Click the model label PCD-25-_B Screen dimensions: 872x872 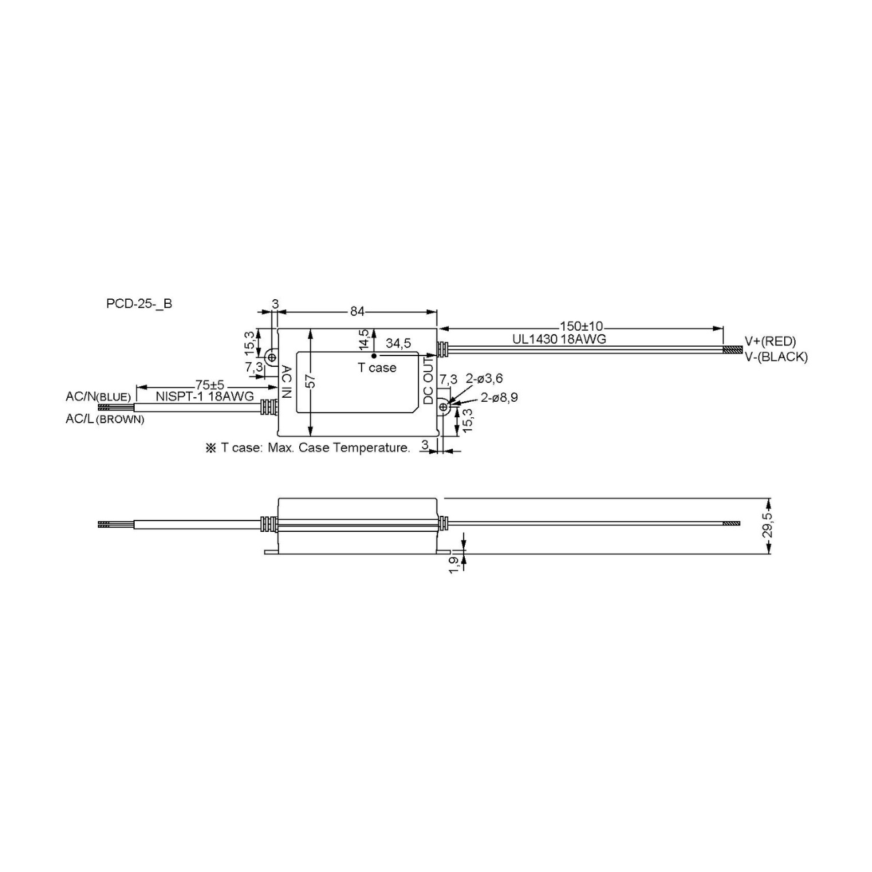[x=139, y=303]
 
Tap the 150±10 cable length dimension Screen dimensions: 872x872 [x=581, y=327]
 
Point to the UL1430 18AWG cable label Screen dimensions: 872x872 [x=559, y=339]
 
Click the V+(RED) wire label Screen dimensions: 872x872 [x=770, y=341]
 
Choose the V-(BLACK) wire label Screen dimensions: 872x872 [x=776, y=357]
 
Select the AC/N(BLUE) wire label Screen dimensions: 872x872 [x=98, y=396]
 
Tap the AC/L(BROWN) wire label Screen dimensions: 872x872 [x=104, y=419]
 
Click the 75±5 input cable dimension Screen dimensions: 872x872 [x=209, y=385]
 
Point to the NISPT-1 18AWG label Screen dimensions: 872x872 [x=205, y=396]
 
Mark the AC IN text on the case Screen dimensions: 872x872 [x=286, y=382]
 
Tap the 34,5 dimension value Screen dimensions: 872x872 [x=398, y=343]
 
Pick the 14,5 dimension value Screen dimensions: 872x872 [x=364, y=339]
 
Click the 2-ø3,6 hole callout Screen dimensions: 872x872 [x=484, y=379]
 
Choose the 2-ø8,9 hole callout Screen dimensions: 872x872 [x=499, y=397]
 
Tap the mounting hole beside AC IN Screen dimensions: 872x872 [x=272, y=358]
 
